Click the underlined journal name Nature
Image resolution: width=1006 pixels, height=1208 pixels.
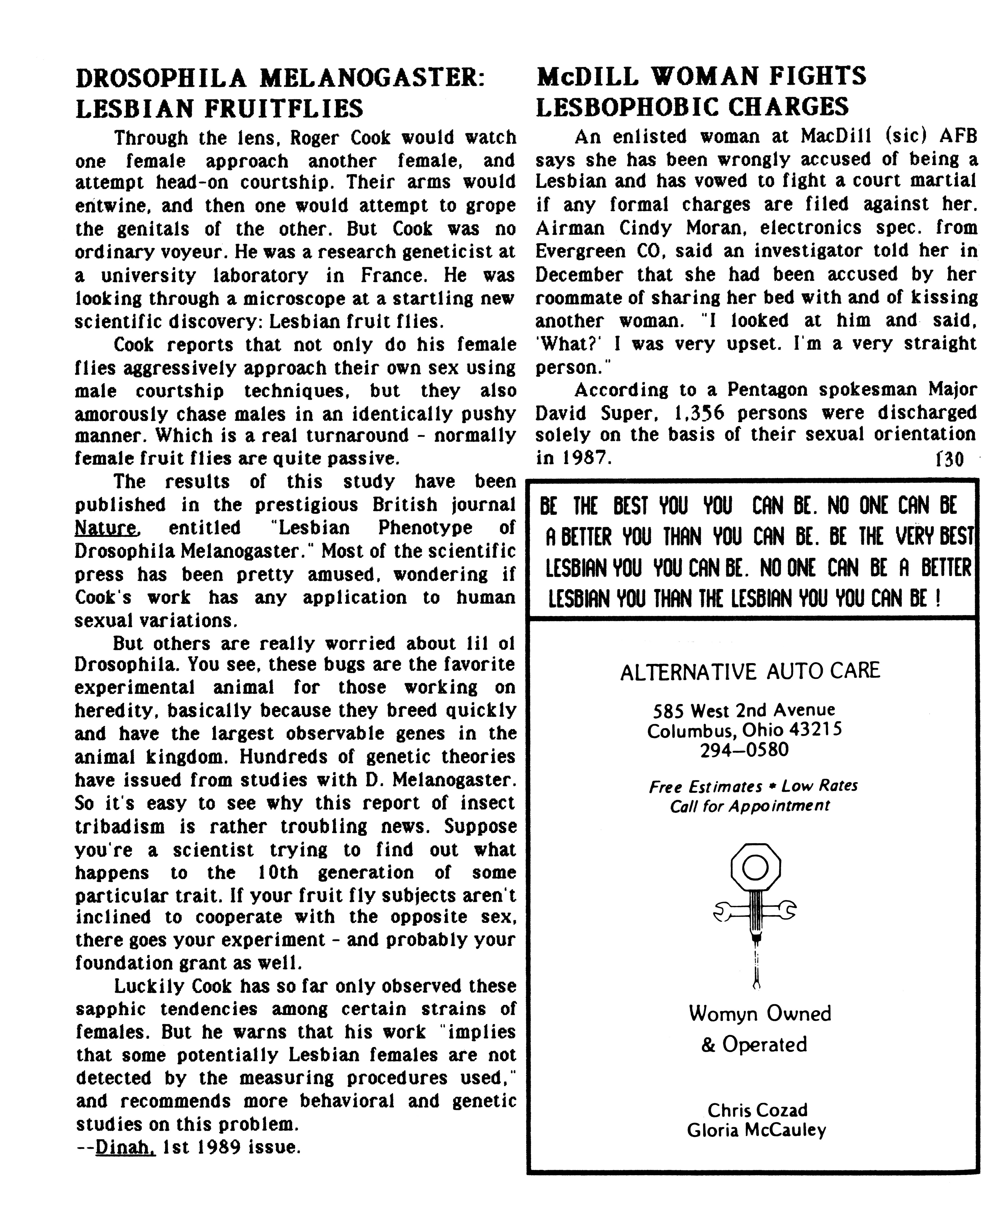pos(107,528)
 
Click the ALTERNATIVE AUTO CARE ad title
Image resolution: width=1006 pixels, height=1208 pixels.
pos(750,671)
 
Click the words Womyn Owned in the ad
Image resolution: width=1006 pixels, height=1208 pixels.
pos(760,1014)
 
